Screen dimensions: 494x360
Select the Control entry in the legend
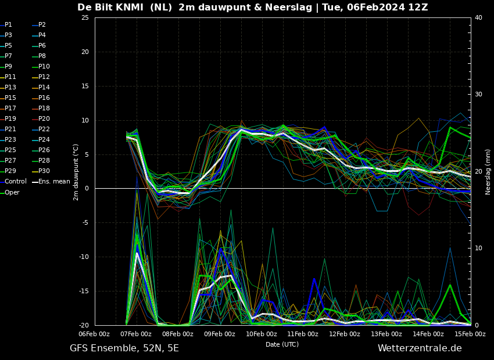[x=13, y=182]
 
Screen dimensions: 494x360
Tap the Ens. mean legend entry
[x=51, y=182]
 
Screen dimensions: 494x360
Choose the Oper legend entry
[x=10, y=193]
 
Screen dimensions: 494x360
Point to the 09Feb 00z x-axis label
[x=220, y=334]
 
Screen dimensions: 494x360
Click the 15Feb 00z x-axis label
[x=470, y=334]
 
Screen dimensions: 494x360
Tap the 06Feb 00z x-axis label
[x=94, y=334]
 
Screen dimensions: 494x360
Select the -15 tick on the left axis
[x=84, y=291]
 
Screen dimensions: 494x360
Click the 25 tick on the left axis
[x=85, y=17]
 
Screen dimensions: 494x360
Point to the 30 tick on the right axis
[x=478, y=95]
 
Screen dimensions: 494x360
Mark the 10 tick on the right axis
[x=478, y=249]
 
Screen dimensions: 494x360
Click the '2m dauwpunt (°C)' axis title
[x=76, y=172]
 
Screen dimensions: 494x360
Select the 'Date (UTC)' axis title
[x=282, y=344]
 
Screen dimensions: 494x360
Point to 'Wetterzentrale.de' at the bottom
[x=420, y=348]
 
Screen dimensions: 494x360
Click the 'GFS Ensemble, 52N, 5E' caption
[x=124, y=348]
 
